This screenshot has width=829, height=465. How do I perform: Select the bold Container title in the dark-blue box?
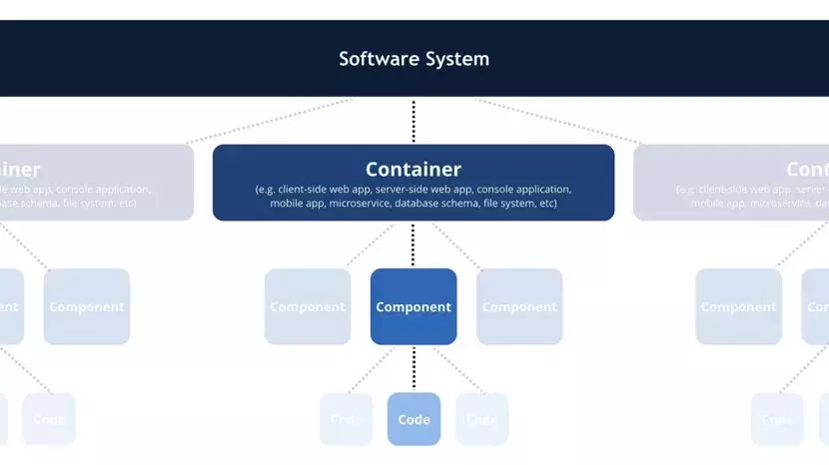414,170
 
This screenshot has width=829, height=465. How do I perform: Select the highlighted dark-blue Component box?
414,307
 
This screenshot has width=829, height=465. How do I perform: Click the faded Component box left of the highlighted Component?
308,307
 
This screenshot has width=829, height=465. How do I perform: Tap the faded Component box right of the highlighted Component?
519,307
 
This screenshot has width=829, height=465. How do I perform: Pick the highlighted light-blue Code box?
414,419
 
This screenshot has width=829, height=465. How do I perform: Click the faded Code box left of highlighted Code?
346,419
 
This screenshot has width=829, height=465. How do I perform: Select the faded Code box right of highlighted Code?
481,419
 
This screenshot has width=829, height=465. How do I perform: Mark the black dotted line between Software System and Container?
414,121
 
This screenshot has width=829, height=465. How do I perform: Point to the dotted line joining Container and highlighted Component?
414,244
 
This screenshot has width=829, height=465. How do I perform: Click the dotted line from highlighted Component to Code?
414,368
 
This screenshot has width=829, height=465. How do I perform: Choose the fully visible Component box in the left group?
87,307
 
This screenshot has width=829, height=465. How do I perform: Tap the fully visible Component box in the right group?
739,307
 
